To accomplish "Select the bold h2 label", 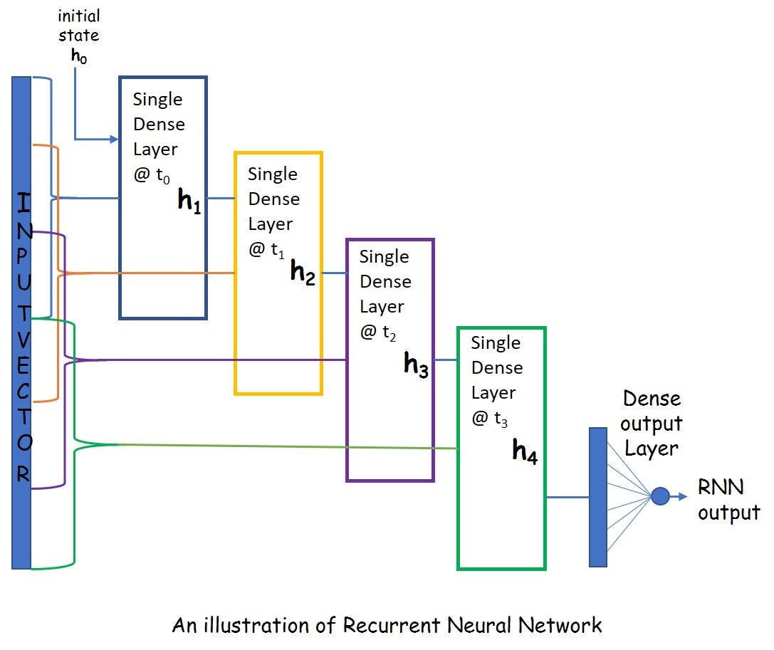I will pos(303,273).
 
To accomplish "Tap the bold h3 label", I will pos(417,365).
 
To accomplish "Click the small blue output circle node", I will pos(660,496).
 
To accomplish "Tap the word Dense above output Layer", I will pos(652,399).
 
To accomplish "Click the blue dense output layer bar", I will pos(598,497).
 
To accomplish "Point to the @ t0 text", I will pos(152,175).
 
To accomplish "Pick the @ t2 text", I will pos(378,332).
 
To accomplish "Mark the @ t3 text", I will pos(490,418).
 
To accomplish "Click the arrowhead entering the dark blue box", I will pos(113,140).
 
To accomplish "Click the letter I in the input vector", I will pos(23,206).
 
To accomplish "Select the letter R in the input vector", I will pos(23,474).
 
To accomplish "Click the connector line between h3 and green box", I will pos(446,360).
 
